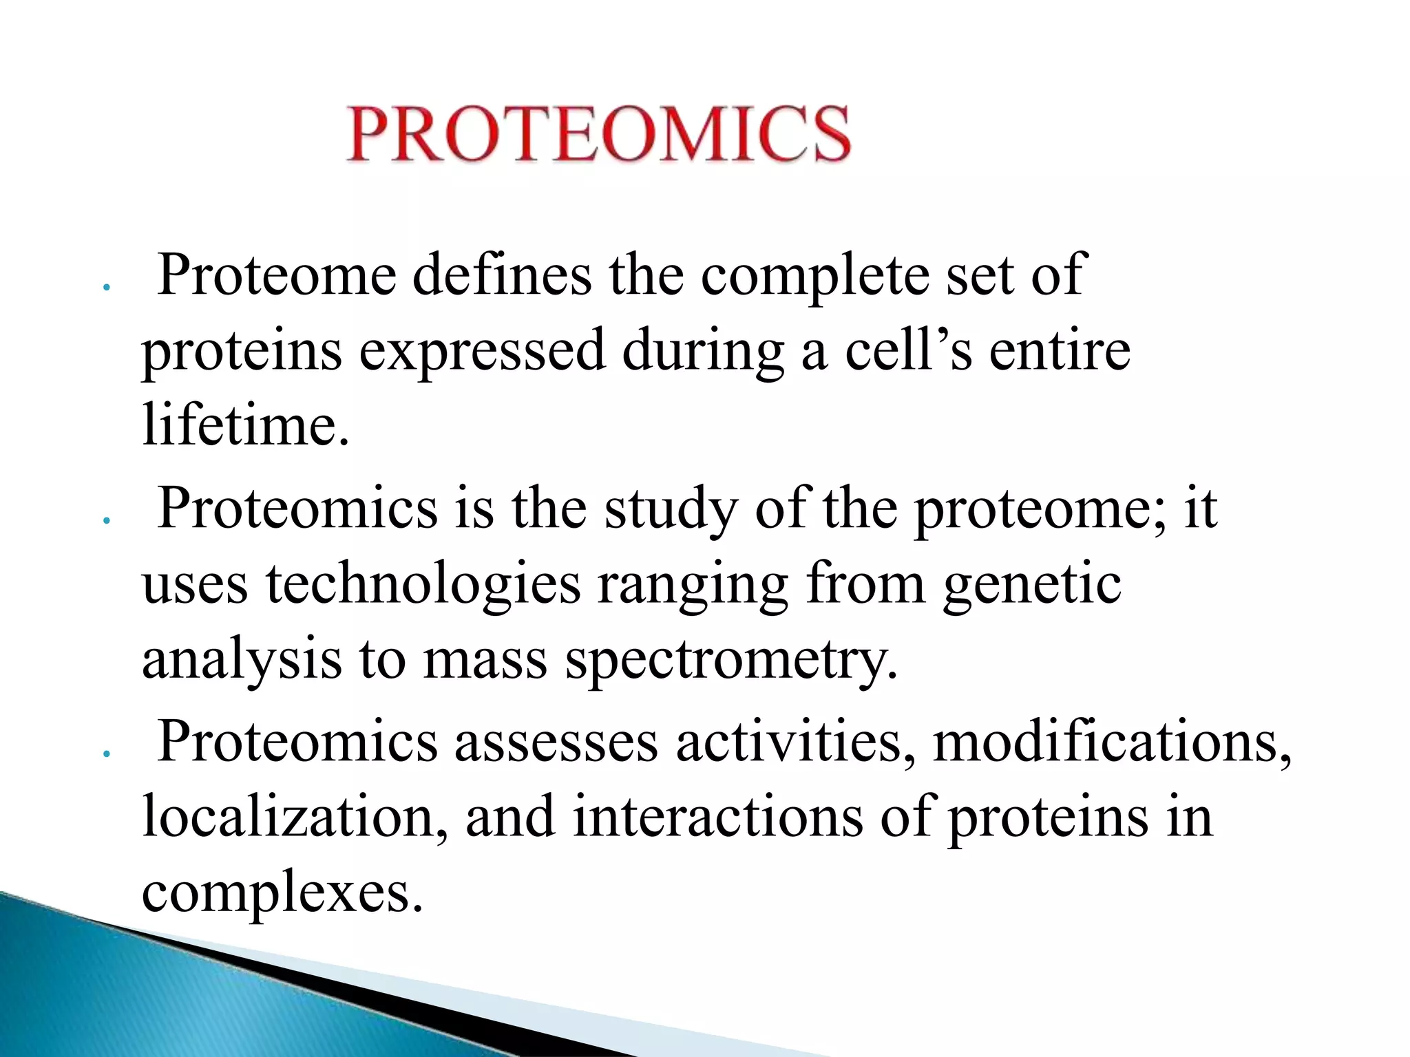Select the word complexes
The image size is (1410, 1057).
click(x=282, y=893)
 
